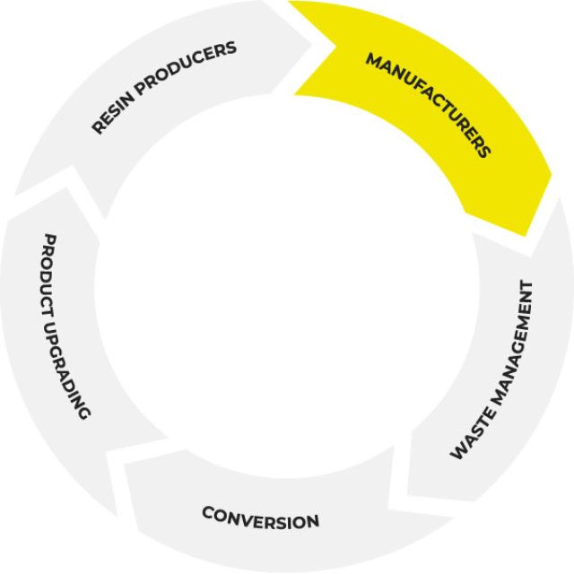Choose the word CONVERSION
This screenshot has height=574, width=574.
[260, 517]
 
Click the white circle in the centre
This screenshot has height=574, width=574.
[287, 296]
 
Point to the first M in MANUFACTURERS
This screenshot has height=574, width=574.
[372, 60]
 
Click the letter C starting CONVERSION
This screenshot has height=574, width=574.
[206, 512]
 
